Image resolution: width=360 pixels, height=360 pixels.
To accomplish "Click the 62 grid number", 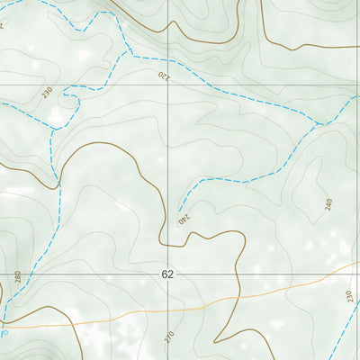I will point(167,274).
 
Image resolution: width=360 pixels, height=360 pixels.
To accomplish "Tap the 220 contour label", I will point(163,76).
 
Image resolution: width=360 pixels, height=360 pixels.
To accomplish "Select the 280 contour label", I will point(17,276).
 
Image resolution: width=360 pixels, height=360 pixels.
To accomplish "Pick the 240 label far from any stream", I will point(328,204).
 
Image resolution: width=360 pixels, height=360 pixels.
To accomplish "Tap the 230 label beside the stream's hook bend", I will point(47,91).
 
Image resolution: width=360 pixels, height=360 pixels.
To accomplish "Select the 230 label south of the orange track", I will point(348,296).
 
